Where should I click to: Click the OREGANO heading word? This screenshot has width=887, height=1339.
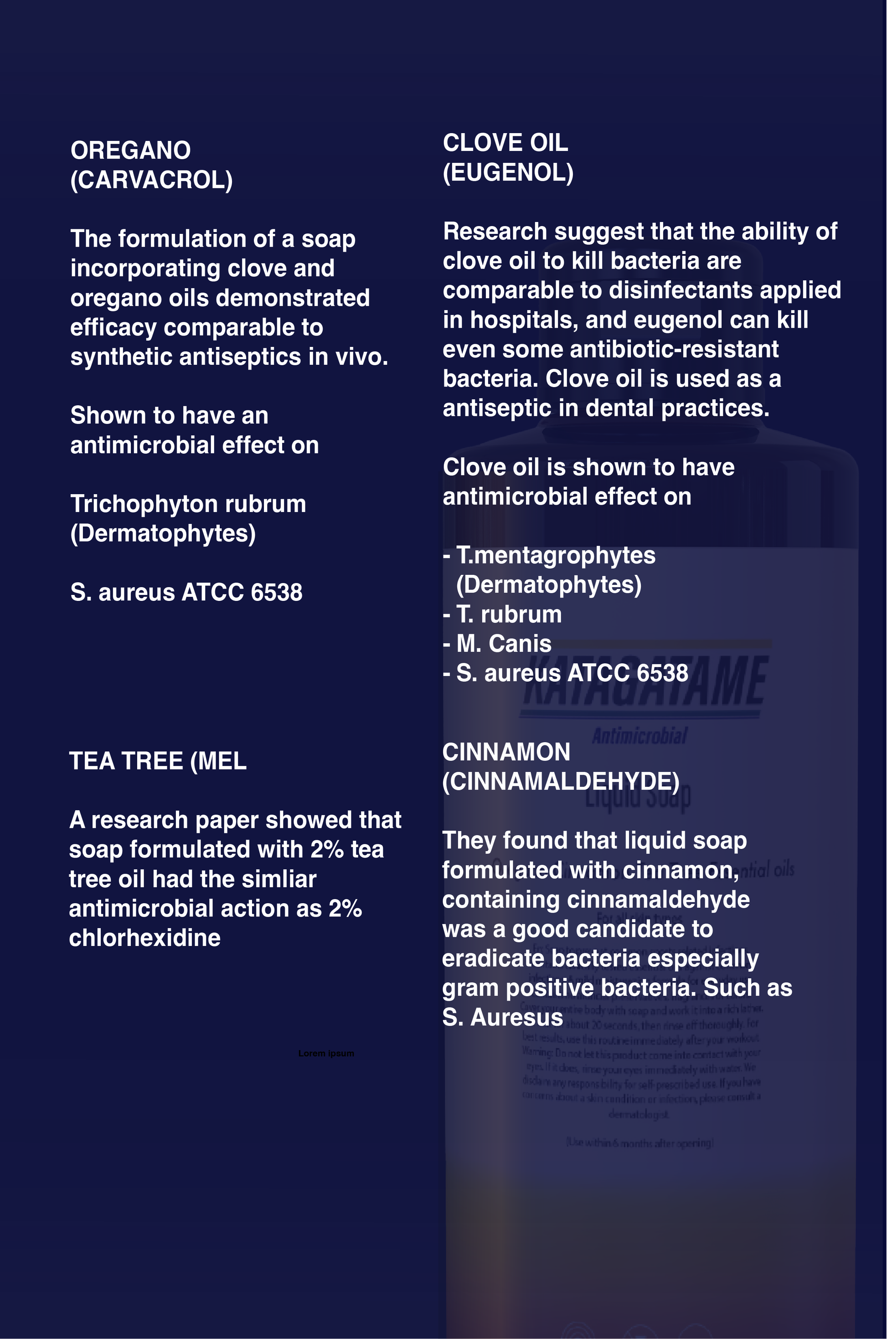click(x=131, y=150)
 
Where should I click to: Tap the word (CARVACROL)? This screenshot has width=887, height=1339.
click(x=152, y=180)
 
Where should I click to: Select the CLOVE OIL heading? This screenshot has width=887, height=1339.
click(x=505, y=143)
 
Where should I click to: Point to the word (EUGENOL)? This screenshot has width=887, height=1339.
click(x=508, y=172)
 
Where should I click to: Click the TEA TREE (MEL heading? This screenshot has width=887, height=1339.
click(x=158, y=761)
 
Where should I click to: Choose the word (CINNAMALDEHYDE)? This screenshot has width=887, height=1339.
click(x=561, y=781)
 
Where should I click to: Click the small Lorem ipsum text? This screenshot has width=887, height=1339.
click(x=326, y=1053)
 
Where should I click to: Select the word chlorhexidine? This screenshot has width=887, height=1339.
click(x=145, y=938)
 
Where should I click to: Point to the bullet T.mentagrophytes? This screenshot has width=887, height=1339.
click(x=556, y=555)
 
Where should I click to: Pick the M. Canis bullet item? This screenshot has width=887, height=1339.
click(x=504, y=644)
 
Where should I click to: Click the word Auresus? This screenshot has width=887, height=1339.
click(x=516, y=1017)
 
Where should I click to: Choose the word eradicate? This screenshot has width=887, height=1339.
click(x=493, y=958)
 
